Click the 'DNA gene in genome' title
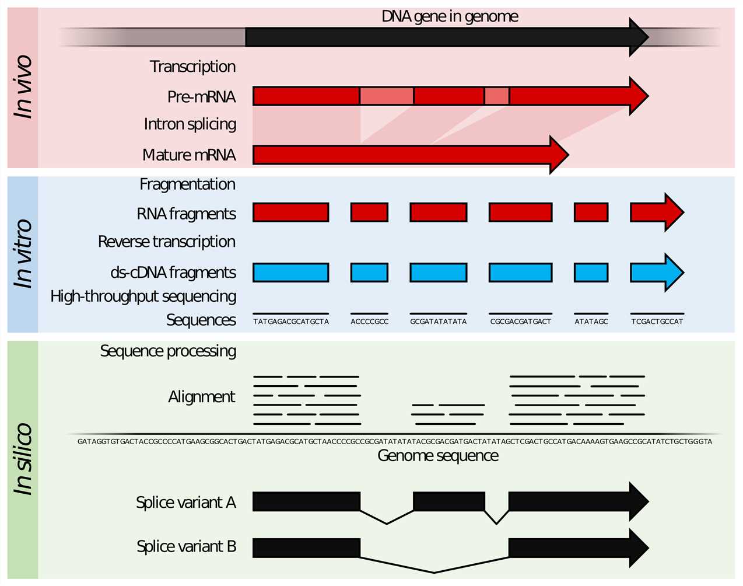coord(450,16)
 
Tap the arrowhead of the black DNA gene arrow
coord(638,37)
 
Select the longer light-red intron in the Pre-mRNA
coord(386,96)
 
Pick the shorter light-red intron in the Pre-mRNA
coord(496,96)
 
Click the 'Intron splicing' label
coord(190,124)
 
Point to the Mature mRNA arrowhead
coord(558,155)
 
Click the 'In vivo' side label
coord(23,88)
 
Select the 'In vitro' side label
coord(23,254)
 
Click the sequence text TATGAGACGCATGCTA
coord(291,322)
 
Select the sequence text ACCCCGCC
coord(369,322)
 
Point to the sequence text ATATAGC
coord(591,322)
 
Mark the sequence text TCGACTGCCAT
coord(657,322)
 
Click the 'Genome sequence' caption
coord(437,456)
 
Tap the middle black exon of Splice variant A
coord(448,501)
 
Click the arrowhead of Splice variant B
coord(638,547)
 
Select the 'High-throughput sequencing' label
coord(143,297)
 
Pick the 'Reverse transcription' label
coord(167,242)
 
